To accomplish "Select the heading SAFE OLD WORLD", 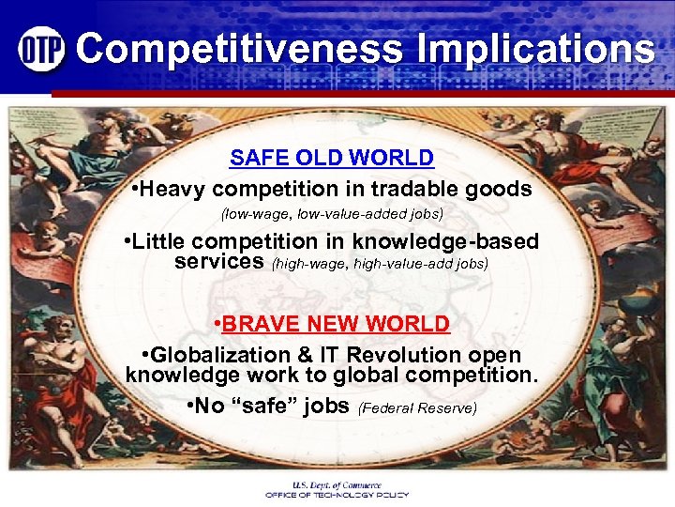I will tap(332, 158).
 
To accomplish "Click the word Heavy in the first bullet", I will tap(178, 189).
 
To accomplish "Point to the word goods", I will tap(502, 189).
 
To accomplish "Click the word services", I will tap(219, 262).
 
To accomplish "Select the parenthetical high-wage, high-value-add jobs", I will tap(380, 264).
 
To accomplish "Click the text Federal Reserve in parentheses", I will tap(418, 408).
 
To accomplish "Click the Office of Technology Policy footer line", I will tap(337, 494).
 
